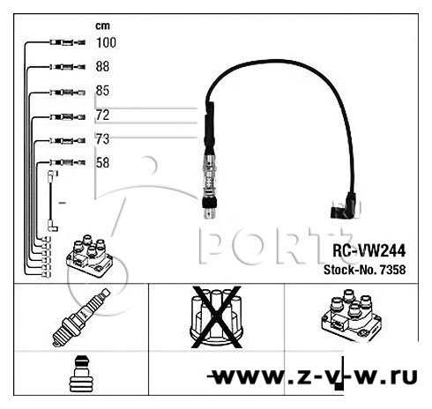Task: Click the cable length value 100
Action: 106,42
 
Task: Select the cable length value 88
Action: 102,67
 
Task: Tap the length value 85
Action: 102,91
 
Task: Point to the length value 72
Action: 102,115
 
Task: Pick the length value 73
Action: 102,139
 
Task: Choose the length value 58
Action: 102,163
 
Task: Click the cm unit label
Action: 102,26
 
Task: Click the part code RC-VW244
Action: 369,250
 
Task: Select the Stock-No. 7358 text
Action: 365,270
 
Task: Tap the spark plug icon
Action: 81,317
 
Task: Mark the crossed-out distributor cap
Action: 216,317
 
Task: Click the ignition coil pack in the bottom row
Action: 351,316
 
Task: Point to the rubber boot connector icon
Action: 81,374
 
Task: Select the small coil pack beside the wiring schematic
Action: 90,256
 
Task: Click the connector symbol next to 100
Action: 68,43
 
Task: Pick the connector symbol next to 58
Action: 68,162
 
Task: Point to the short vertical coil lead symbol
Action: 51,201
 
